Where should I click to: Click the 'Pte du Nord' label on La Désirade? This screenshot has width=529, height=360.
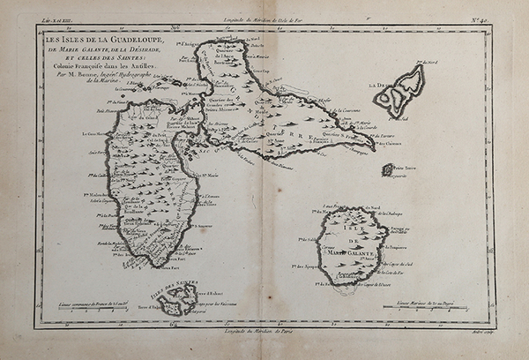click(x=430, y=64)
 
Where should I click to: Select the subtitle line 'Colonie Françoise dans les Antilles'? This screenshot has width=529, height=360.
click(x=97, y=68)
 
